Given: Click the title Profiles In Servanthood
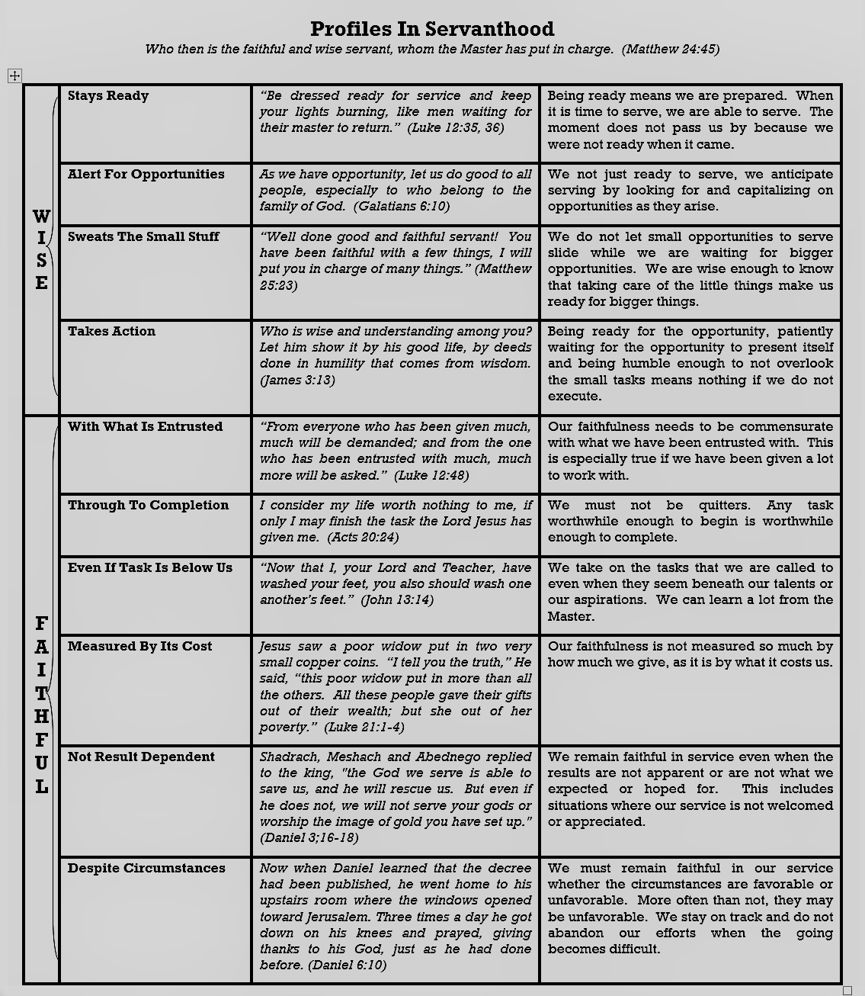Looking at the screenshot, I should coord(432,29).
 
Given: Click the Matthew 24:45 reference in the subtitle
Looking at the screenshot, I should coord(670,50).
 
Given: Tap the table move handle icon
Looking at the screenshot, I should coord(14,76).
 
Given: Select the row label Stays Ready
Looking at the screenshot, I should coord(108,96).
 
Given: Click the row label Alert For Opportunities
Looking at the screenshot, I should coord(146,174).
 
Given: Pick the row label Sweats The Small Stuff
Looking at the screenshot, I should coord(143,236).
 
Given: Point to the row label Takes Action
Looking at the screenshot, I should coord(111,331).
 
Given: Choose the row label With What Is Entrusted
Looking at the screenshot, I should coord(145,426).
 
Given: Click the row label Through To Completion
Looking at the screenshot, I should coord(148,505).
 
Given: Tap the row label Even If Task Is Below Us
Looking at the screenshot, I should coord(150,567).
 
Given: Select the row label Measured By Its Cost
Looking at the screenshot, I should coord(139,646).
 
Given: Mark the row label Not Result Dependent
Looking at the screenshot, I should coord(141,757).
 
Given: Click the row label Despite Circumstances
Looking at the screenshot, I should coord(146,868).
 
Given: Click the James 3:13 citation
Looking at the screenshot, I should coord(297,380).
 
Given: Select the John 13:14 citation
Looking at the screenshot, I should coord(397,600).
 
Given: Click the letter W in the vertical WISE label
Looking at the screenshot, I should coord(41,217).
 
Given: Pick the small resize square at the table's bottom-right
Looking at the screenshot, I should coord(847,990).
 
